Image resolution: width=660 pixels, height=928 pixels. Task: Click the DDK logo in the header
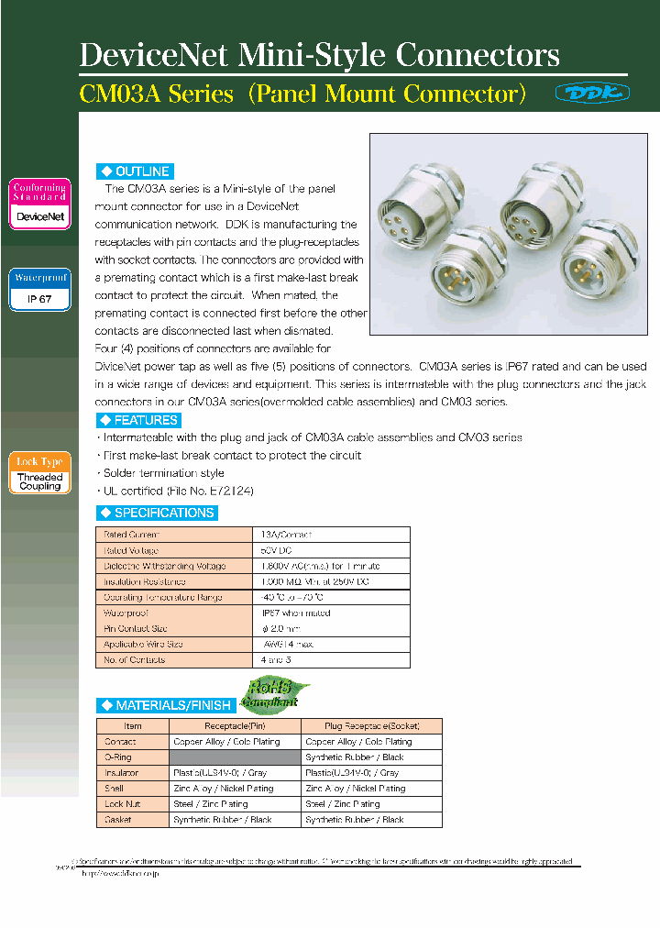[592, 93]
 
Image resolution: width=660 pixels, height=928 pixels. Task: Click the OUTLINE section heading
[135, 171]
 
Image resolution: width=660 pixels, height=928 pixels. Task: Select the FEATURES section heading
[138, 420]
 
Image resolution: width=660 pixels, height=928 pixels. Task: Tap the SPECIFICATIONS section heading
[157, 513]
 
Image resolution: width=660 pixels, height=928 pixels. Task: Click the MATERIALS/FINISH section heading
[164, 705]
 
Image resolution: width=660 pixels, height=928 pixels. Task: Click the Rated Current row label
[132, 535]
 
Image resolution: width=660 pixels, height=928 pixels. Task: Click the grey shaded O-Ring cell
[234, 757]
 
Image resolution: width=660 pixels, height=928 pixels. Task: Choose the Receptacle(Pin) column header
[234, 725]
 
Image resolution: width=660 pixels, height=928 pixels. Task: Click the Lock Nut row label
[122, 804]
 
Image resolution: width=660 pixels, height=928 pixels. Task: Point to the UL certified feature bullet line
[177, 491]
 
